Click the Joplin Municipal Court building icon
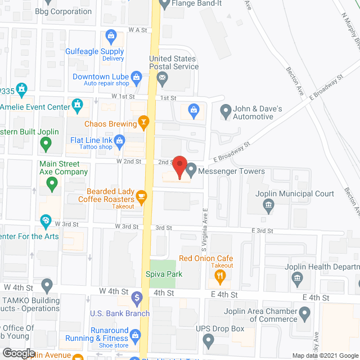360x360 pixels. [268, 205]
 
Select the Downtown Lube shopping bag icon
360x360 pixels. [136, 76]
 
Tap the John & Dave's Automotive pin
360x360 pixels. [226, 111]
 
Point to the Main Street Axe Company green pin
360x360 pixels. [52, 182]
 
